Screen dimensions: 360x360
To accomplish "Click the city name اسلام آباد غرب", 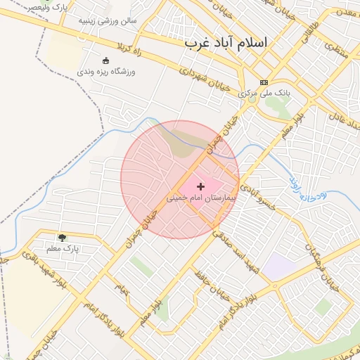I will pyautogui.click(x=226, y=42).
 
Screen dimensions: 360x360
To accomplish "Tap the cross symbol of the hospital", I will pyautogui.click(x=201, y=186).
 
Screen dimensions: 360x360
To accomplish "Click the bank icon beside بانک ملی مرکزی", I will pyautogui.click(x=264, y=82).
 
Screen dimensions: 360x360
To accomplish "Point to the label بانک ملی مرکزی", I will pyautogui.click(x=264, y=93).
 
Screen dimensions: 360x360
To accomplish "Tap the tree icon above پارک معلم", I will pyautogui.click(x=63, y=238).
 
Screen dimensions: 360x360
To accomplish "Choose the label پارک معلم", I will pyautogui.click(x=63, y=248).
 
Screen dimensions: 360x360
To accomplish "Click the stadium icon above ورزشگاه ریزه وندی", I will pyautogui.click(x=106, y=60).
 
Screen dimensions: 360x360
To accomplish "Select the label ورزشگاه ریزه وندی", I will pyautogui.click(x=106, y=71).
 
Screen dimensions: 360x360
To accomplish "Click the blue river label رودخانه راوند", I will pyautogui.click(x=305, y=189).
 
